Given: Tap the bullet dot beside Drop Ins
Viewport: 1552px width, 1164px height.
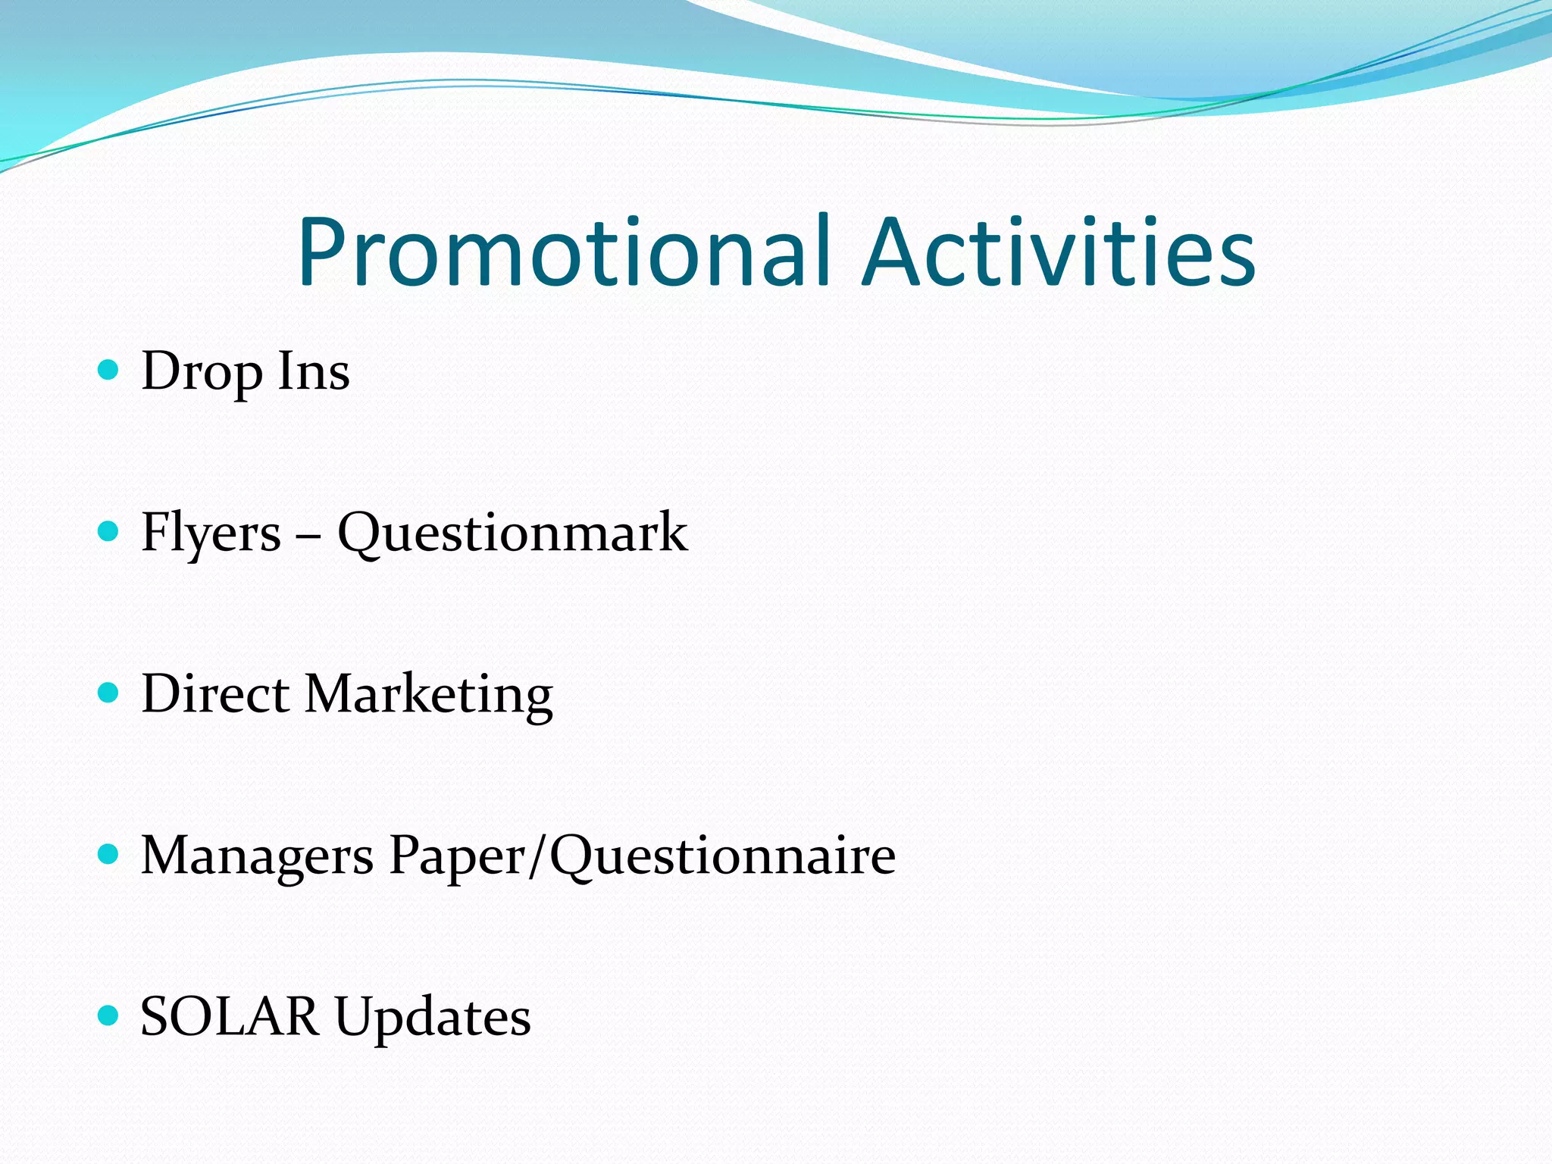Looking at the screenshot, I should pyautogui.click(x=109, y=370).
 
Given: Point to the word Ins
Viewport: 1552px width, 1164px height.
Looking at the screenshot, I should pyautogui.click(x=314, y=371).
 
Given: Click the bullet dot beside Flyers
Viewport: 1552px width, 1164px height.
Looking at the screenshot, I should pyautogui.click(x=109, y=531).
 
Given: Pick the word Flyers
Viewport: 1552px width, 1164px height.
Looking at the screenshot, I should pyautogui.click(x=211, y=533).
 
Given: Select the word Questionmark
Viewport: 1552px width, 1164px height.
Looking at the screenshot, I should pyautogui.click(x=512, y=533).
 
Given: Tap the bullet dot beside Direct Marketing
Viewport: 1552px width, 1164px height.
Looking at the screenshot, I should pyautogui.click(x=109, y=693).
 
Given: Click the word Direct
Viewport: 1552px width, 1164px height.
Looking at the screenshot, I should pyautogui.click(x=215, y=694).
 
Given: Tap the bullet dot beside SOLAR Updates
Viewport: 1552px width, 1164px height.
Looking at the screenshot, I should pyautogui.click(x=109, y=1015).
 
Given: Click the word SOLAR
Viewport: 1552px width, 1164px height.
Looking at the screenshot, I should pyautogui.click(x=230, y=1017).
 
